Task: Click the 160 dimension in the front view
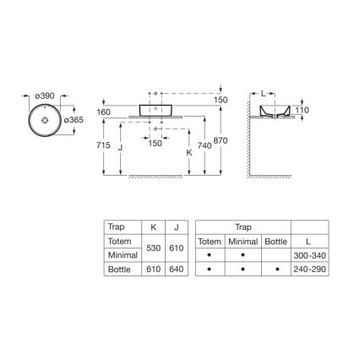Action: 104,112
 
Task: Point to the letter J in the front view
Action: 121,145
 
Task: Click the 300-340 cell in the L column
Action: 307,254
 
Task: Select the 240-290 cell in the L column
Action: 307,268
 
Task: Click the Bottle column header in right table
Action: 275,241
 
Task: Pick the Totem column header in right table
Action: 209,241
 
